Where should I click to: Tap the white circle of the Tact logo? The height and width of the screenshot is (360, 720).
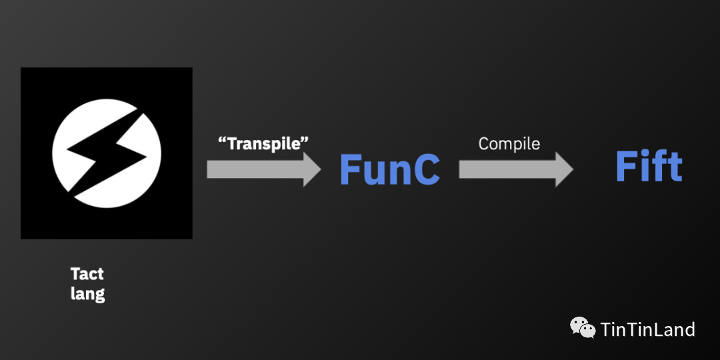click(x=77, y=133)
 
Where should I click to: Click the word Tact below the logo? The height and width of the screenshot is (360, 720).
click(x=87, y=274)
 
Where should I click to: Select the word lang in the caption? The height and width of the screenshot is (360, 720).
click(x=87, y=293)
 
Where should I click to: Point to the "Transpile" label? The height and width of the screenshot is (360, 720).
click(x=264, y=143)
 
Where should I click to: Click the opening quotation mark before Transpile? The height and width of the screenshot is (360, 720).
click(x=222, y=141)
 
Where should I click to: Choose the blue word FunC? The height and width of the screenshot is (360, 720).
click(x=389, y=170)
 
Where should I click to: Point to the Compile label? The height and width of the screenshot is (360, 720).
click(x=509, y=143)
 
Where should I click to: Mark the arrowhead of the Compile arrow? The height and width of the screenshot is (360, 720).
click(x=563, y=169)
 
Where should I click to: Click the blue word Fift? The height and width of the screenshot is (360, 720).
click(x=649, y=166)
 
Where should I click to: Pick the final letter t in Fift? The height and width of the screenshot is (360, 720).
click(x=674, y=167)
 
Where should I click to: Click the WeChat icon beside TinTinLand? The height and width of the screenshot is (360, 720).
click(x=582, y=327)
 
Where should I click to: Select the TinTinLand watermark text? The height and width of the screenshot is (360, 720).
click(x=647, y=329)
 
